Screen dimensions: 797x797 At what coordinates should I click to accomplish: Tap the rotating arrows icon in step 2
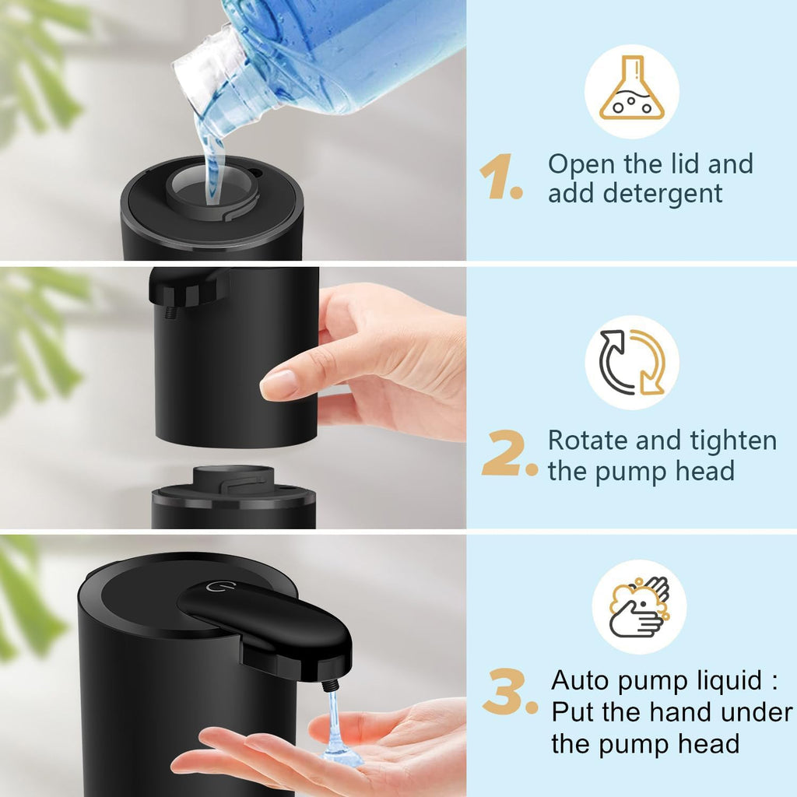pyautogui.click(x=632, y=362)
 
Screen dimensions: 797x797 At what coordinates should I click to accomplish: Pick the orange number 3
pyautogui.click(x=509, y=694)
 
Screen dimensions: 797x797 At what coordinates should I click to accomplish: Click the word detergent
pyautogui.click(x=635, y=194)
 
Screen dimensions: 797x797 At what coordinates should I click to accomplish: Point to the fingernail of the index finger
pyautogui.click(x=278, y=384)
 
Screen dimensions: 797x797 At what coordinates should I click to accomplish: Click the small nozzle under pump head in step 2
pyautogui.click(x=170, y=312)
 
